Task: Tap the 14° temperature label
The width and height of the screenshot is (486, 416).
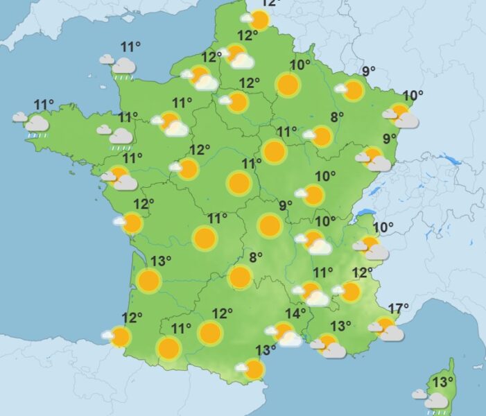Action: click(295, 313)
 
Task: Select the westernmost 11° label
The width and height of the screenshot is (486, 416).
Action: click(44, 105)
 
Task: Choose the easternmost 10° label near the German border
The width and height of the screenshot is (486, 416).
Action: click(413, 96)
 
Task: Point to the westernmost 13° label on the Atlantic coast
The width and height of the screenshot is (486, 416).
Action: click(161, 261)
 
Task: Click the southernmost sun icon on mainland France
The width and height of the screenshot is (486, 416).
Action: click(253, 369)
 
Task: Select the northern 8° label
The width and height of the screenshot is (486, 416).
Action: click(337, 117)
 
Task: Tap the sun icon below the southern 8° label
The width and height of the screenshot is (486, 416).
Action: click(240, 277)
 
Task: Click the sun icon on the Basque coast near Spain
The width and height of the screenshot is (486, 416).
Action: click(119, 337)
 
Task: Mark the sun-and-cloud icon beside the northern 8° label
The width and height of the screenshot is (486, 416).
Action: click(319, 136)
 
